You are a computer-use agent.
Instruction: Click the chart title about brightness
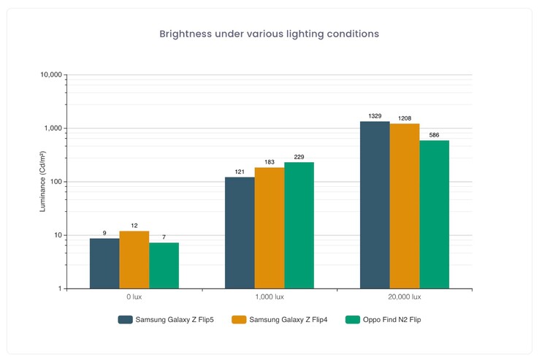coord(269,34)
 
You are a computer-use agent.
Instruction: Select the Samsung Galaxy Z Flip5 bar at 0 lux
coord(104,263)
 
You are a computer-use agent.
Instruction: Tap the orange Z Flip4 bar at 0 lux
coord(134,259)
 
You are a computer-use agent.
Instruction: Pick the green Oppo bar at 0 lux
coord(164,265)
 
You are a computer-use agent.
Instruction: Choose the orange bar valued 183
coord(269,228)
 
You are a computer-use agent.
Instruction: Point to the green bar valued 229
coord(299,225)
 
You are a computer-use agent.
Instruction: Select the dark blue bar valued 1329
coord(375,204)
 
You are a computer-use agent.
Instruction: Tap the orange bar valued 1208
coord(405,206)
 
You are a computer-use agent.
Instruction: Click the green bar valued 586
coord(434,214)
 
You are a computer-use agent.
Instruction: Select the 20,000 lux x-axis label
coord(405,297)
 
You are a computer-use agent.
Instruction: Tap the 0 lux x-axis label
coord(134,297)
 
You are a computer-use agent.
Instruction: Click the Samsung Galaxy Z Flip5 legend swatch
coord(125,319)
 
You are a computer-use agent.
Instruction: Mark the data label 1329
coord(375,116)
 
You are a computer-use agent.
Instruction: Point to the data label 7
coord(164,237)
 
